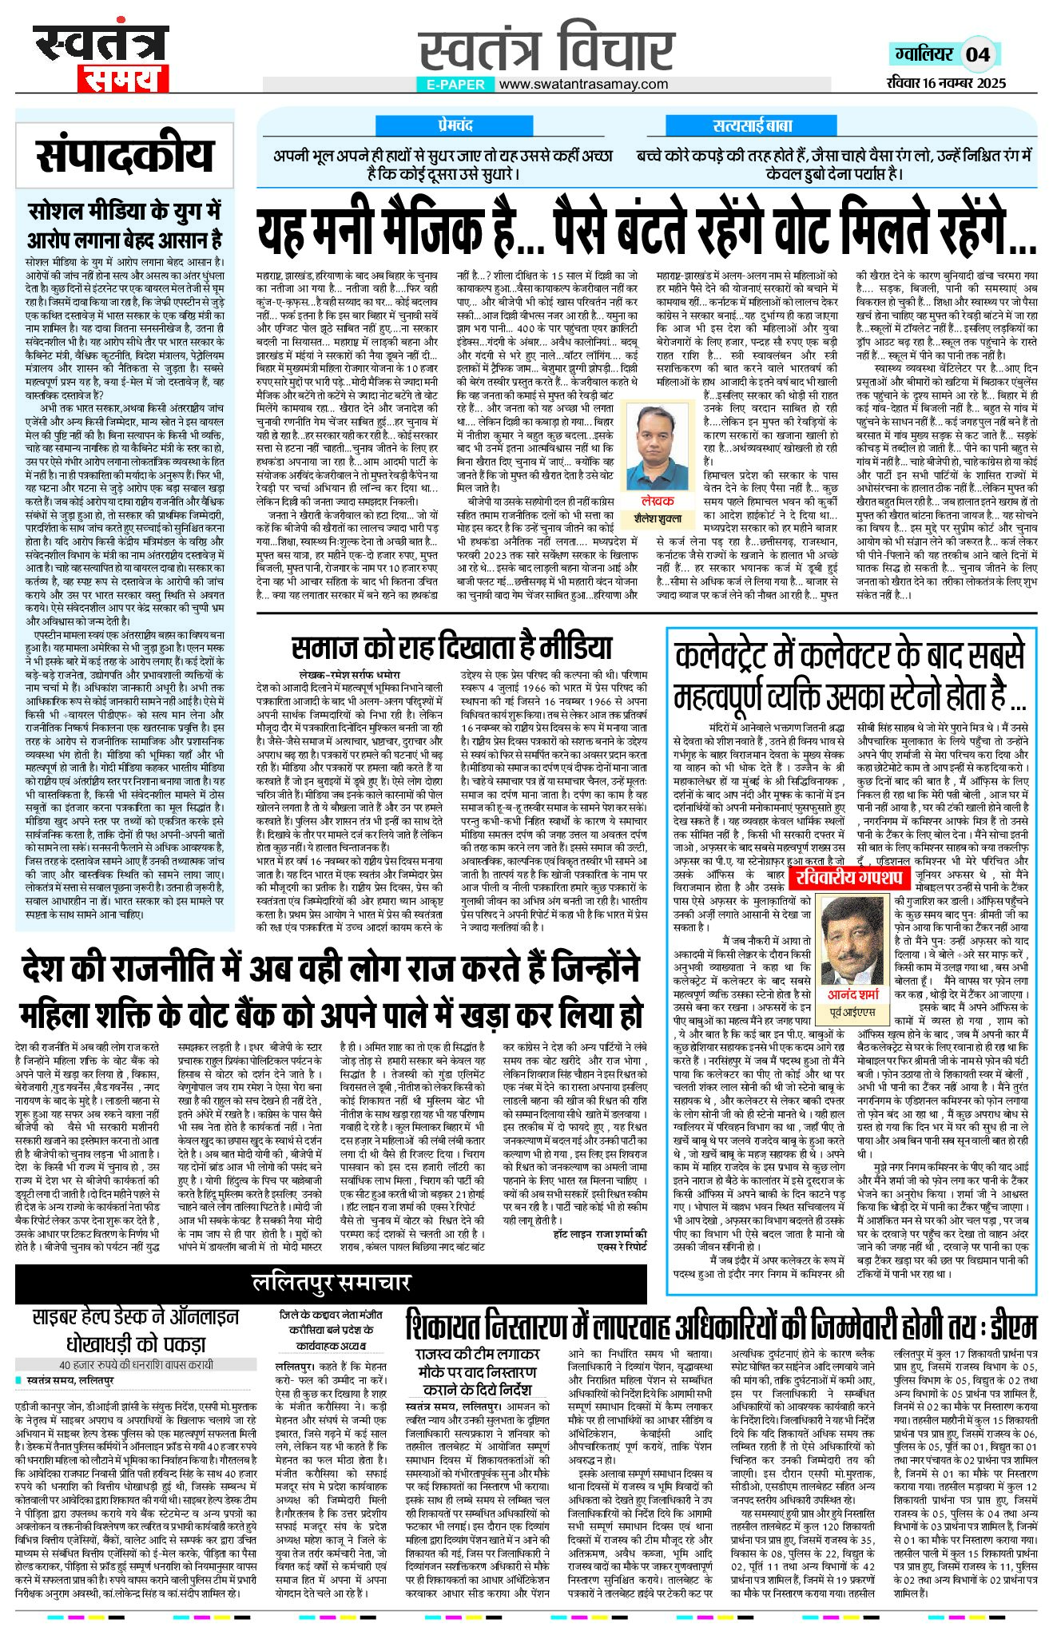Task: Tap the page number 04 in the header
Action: [977, 54]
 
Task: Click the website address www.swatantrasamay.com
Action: [584, 84]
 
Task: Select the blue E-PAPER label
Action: [455, 84]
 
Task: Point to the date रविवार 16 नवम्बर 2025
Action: [946, 83]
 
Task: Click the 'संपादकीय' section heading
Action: [125, 157]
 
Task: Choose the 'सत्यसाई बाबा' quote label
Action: [753, 126]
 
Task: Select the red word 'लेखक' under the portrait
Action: [662, 501]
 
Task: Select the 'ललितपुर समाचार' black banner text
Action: [331, 1283]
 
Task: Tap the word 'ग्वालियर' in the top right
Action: [924, 54]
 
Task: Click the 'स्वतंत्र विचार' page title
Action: [546, 46]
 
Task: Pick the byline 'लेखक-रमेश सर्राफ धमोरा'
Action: [356, 673]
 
